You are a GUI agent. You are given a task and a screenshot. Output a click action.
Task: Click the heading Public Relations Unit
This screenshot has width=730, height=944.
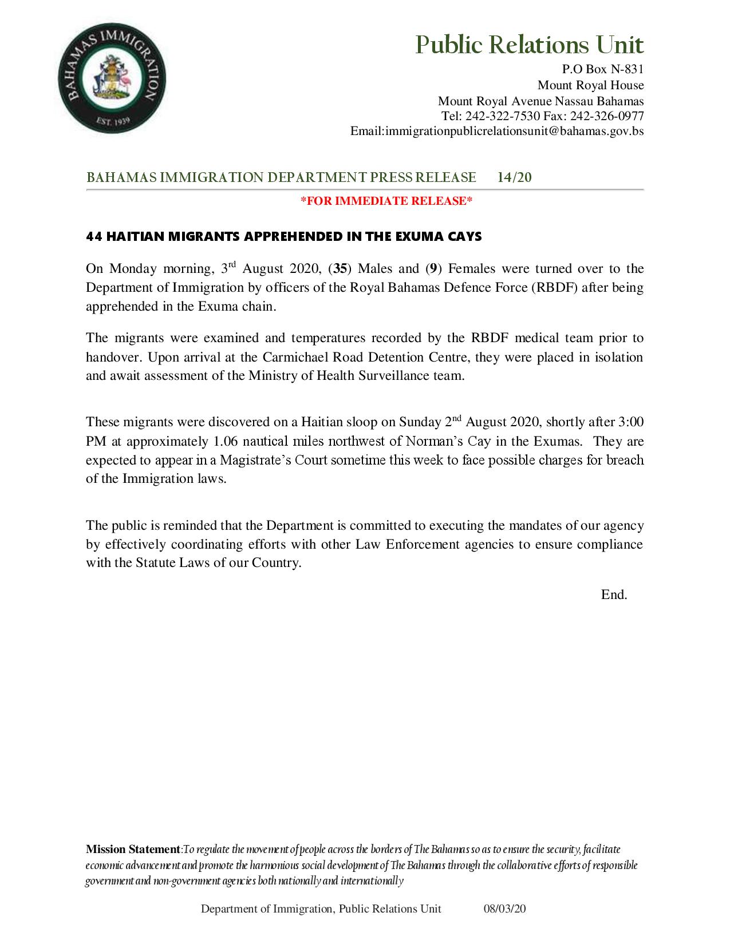click(x=529, y=45)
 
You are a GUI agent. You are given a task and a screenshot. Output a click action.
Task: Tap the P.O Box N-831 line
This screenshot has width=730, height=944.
click(x=603, y=70)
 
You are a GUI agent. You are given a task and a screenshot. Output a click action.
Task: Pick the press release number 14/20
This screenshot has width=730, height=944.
click(x=514, y=178)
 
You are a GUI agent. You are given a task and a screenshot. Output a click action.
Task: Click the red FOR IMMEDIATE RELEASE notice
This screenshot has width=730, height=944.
click(x=386, y=201)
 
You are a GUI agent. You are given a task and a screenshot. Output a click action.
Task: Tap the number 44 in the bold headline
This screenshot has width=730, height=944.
click(x=94, y=236)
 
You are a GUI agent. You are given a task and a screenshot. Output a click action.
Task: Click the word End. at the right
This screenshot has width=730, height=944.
click(x=614, y=595)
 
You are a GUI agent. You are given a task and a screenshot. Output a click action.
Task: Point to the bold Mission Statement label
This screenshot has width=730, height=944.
click(x=133, y=850)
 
